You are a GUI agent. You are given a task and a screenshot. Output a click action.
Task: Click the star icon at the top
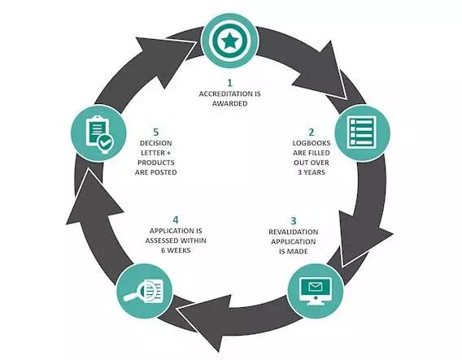click(x=230, y=41)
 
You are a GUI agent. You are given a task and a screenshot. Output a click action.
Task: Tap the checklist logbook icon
click(x=362, y=132)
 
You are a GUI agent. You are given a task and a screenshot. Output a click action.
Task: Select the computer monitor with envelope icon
click(x=316, y=291)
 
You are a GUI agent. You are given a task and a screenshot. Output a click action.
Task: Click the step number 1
click(x=230, y=83)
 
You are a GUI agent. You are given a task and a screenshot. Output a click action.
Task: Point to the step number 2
click(x=312, y=132)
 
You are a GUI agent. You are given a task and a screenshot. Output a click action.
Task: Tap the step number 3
click(x=294, y=221)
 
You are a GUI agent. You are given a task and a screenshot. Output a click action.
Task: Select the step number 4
click(x=176, y=220)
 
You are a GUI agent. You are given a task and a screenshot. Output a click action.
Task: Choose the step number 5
click(x=156, y=132)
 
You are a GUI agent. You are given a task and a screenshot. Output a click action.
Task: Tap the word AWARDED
click(x=230, y=104)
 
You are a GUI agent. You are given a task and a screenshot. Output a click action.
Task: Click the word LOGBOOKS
click(x=312, y=143)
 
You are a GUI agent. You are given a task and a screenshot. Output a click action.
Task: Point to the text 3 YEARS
click(x=312, y=172)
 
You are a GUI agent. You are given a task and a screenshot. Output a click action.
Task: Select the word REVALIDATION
click(x=294, y=232)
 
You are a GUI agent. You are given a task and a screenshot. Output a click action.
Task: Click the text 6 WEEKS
click(x=176, y=250)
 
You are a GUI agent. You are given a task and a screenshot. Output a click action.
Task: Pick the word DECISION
click(x=156, y=143)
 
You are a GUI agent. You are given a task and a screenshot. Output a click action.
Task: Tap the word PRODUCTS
click(x=156, y=163)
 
